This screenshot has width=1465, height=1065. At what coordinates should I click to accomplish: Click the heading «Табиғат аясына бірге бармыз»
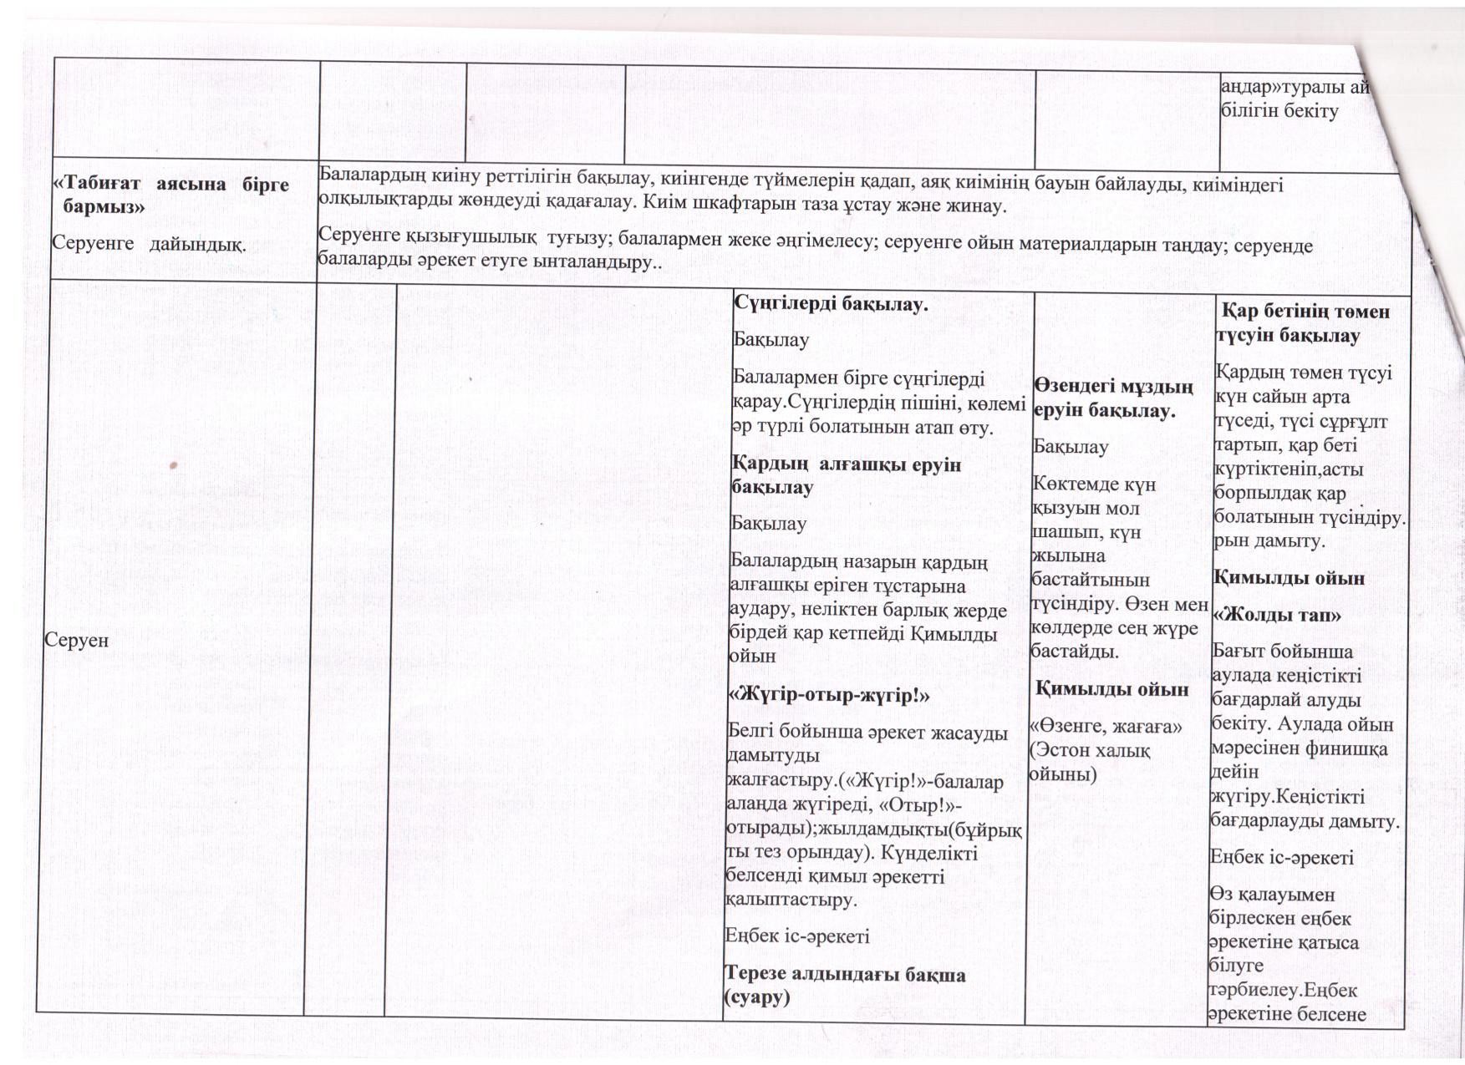click(x=171, y=195)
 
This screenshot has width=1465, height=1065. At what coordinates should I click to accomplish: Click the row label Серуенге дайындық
click(x=149, y=244)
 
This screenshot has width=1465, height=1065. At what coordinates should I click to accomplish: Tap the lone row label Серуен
click(x=76, y=640)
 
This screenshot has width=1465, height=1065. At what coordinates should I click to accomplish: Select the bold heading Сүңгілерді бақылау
click(x=831, y=304)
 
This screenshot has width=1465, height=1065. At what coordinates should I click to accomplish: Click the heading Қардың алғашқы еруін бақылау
click(x=845, y=475)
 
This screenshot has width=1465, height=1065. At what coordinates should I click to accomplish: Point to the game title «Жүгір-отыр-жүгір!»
click(x=829, y=695)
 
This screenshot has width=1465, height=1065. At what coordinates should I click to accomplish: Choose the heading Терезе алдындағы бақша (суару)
click(x=843, y=986)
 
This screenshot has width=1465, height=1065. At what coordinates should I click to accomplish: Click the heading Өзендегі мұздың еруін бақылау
click(x=1112, y=398)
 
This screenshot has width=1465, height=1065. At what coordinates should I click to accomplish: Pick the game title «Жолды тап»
click(x=1277, y=615)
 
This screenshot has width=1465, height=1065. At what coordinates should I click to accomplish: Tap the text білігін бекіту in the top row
click(x=1279, y=110)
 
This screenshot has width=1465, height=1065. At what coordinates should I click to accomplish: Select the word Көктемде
click(x=1072, y=484)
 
